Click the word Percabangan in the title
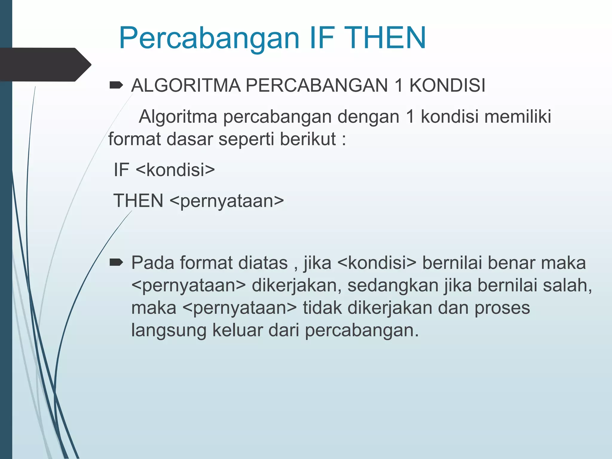[209, 38]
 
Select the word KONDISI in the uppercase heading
[447, 85]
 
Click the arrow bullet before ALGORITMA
[116, 85]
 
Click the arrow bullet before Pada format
[116, 263]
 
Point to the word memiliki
[518, 116]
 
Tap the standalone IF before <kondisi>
[121, 170]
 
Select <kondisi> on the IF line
[175, 170]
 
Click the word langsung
[169, 331]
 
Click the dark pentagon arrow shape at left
[45, 65]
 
